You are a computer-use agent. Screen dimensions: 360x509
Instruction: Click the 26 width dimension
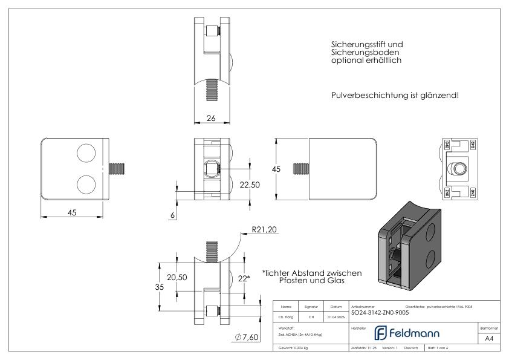tap(211, 119)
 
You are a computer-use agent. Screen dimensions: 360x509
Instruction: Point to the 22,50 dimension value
tap(248, 185)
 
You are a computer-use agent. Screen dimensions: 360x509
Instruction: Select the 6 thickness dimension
tap(172, 215)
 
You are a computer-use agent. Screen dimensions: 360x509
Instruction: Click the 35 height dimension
tap(159, 288)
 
